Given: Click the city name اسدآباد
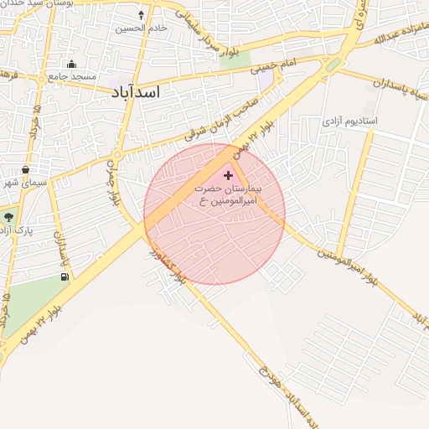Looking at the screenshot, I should pos(134,91).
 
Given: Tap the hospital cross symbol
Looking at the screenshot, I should pos(228,175).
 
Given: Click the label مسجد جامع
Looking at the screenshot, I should pos(68,76).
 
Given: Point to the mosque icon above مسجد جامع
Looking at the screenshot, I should pos(72,65).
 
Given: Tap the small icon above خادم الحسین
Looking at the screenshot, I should pos(141,15).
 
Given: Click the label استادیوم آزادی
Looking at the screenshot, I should pos(350,121).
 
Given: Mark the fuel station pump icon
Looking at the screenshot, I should pos(65,277).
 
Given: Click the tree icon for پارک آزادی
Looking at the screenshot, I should pos(8,217).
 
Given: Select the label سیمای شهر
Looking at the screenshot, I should pos(20,182).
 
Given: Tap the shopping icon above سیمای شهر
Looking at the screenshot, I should pos(26,169).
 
